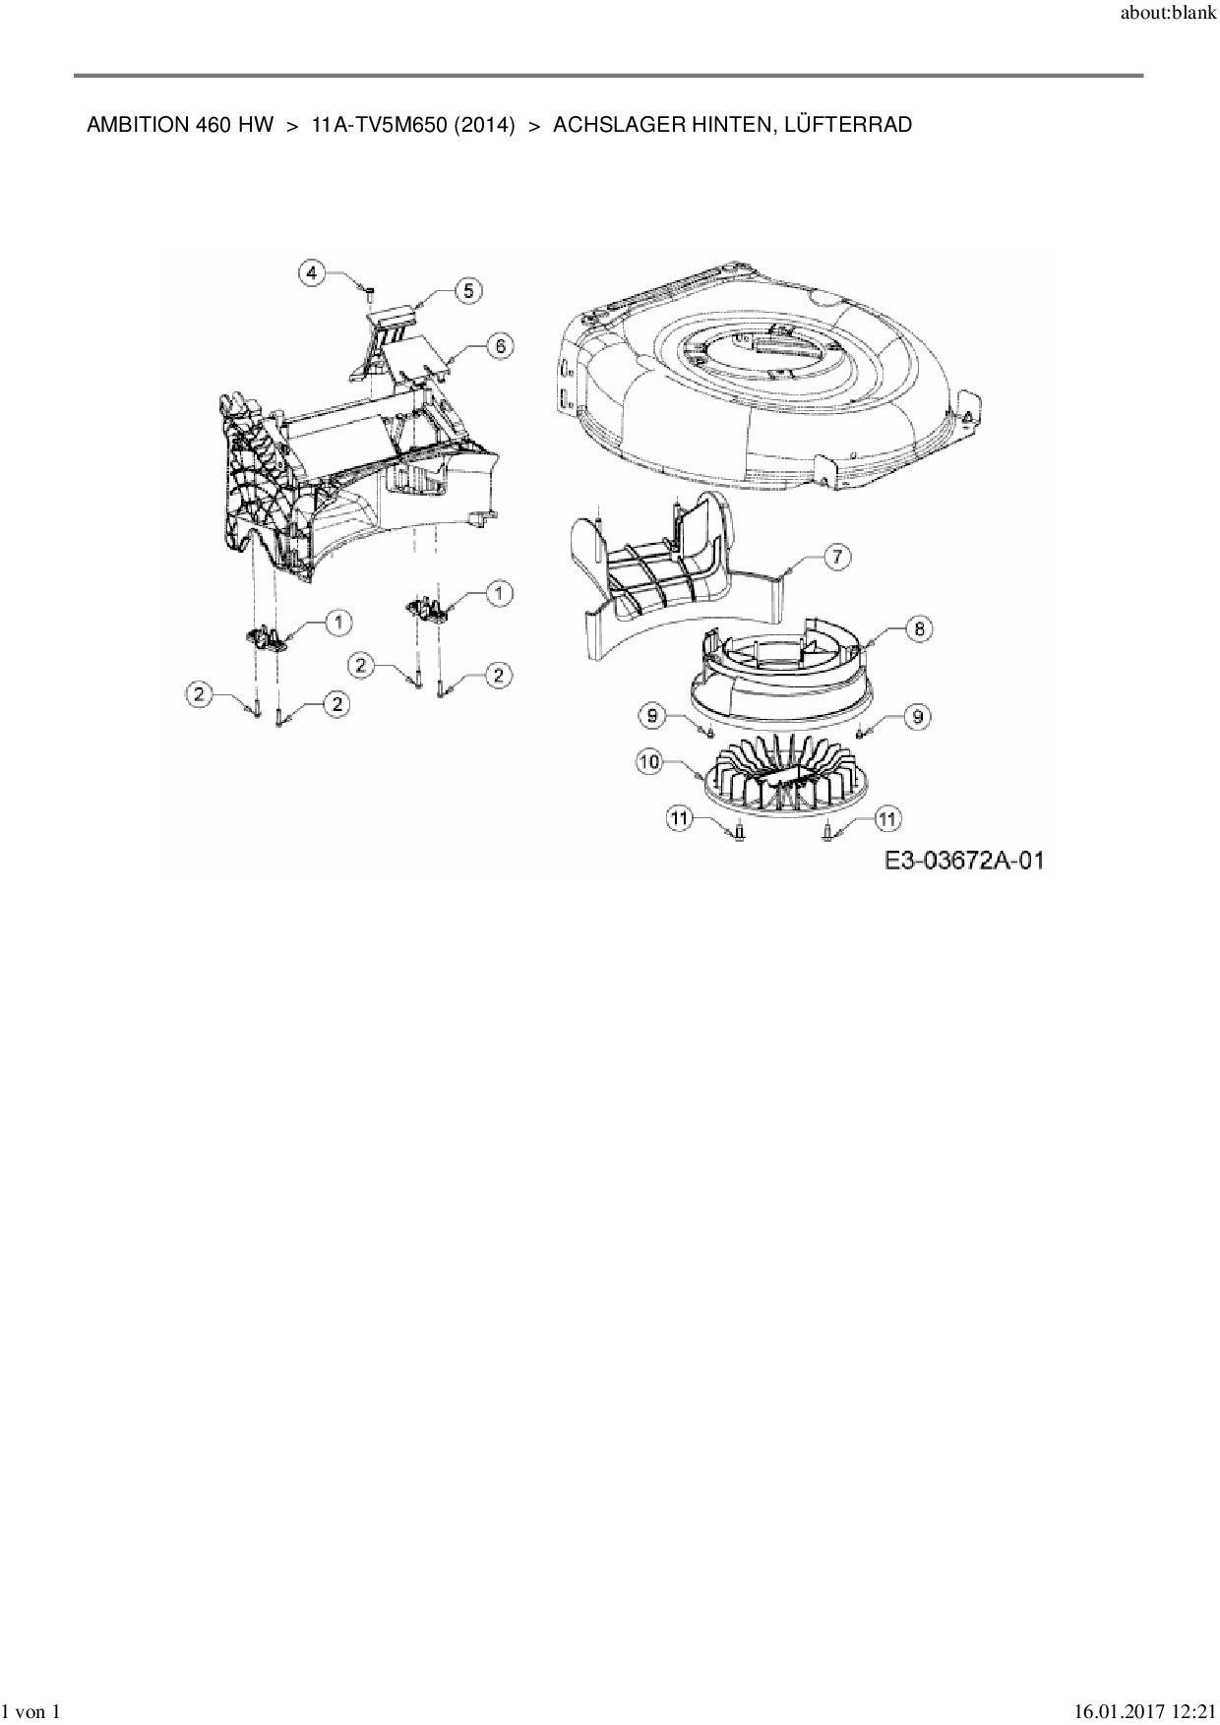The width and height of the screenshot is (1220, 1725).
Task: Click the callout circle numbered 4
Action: pos(312,272)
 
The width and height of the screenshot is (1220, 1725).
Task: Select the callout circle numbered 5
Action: pos(468,290)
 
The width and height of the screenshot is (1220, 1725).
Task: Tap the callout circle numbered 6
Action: pos(500,346)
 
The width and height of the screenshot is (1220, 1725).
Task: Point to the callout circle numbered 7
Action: pos(836,558)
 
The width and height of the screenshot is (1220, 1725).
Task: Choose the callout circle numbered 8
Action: pos(918,628)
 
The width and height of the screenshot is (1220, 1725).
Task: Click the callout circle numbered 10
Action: pos(650,762)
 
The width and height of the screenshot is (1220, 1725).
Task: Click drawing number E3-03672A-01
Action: pos(963,861)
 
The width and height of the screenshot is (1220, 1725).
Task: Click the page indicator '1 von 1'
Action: pos(31,1712)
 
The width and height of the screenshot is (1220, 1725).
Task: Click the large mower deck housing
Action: pos(758,374)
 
